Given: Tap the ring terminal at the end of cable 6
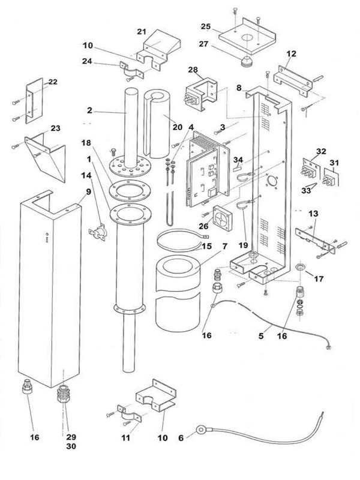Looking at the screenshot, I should tap(199, 430).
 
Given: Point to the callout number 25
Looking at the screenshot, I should tap(206, 28).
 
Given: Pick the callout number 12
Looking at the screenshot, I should tap(291, 53).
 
